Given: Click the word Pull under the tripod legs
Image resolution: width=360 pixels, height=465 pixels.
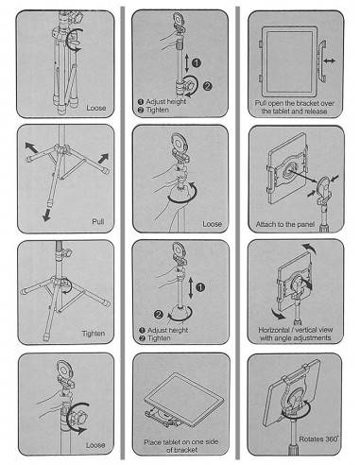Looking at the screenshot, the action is tap(98, 221).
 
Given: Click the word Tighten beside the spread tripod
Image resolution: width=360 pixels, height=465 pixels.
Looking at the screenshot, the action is tap(94, 334).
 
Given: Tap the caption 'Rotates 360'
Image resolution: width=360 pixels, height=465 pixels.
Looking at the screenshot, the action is tap(318, 439).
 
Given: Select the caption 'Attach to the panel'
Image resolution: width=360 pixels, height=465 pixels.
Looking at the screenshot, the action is tap(285, 224).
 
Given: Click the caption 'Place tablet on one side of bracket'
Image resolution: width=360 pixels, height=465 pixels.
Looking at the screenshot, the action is tap(181, 446).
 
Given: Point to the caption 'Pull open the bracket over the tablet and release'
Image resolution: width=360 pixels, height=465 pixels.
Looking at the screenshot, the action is tap(295, 107).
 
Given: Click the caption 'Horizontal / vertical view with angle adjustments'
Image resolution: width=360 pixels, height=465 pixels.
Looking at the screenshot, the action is tap(296, 334).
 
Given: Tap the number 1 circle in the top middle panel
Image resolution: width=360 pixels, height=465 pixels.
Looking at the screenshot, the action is tap(197, 63).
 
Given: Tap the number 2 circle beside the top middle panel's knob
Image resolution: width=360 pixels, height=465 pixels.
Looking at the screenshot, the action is tap(207, 86).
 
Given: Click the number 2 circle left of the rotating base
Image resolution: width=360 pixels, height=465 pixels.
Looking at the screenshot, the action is tap(159, 314).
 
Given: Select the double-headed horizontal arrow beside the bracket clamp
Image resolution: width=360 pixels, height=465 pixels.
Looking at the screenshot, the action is tap(329, 60).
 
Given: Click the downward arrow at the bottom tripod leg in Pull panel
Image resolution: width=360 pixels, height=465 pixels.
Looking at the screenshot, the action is tap(47, 215).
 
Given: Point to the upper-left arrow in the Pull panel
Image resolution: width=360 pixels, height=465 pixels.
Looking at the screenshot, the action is tap(31, 147).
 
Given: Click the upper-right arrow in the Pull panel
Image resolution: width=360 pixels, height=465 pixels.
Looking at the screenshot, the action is tap(104, 158).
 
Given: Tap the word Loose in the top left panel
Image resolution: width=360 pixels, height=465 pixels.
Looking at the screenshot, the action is tap(96, 108).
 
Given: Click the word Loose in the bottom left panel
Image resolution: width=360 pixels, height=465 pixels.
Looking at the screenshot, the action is tap(95, 445).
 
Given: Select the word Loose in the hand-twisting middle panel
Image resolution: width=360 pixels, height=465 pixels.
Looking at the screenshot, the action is tap(212, 224).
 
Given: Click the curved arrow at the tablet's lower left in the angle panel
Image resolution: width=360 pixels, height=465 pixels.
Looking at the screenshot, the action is tap(279, 313).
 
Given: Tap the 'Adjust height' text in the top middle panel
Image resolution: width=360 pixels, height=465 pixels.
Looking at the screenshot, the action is tap(166, 101).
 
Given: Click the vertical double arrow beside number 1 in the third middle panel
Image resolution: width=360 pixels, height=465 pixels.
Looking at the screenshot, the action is tap(191, 287).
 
